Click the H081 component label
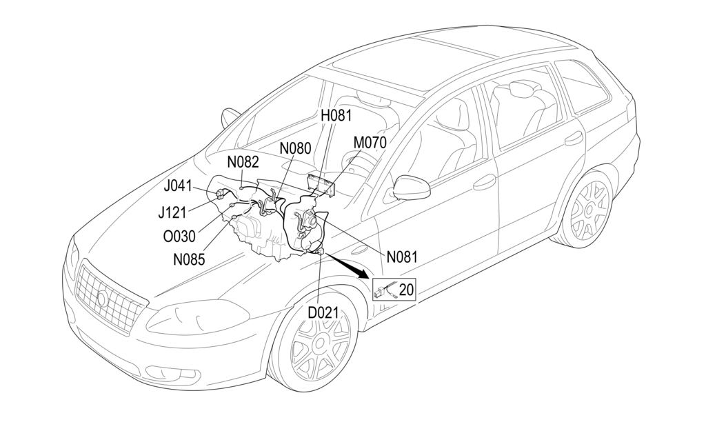click(x=336, y=115)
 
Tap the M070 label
click(x=370, y=142)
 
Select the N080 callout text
click(x=295, y=148)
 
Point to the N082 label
click(x=243, y=162)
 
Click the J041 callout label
click(x=179, y=186)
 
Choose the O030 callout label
click(x=179, y=237)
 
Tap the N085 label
click(x=190, y=261)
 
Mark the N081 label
click(x=402, y=257)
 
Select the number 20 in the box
click(x=406, y=290)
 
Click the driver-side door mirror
click(x=410, y=186)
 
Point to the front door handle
click(x=485, y=181)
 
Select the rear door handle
click(x=574, y=139)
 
